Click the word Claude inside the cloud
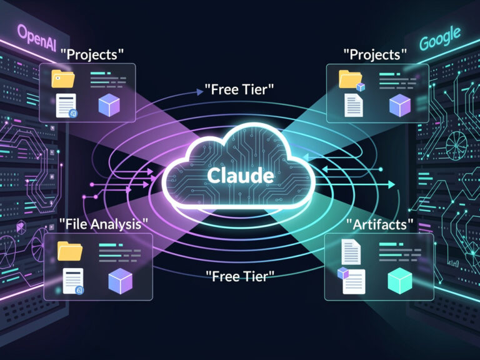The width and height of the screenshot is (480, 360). [x=239, y=176]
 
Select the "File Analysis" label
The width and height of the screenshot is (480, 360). [x=104, y=223]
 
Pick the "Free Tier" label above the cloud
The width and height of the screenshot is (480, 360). [x=239, y=89]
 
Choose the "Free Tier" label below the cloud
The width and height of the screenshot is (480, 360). [x=239, y=275]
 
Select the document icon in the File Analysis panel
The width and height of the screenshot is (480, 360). [x=73, y=281]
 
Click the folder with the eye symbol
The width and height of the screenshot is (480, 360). [x=63, y=78]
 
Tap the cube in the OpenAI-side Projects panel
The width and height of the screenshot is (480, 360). [x=109, y=106]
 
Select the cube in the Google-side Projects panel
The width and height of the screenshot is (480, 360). [x=399, y=106]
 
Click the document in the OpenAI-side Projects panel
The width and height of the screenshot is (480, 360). [x=66, y=105]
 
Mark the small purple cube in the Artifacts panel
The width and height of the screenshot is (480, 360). [x=343, y=272]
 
